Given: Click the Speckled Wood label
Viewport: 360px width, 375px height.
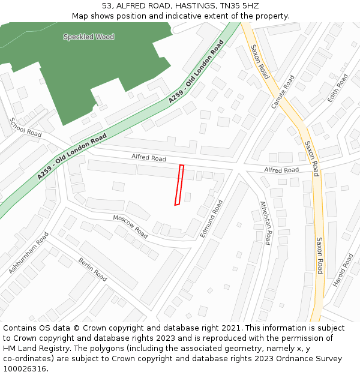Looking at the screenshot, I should click(88, 37).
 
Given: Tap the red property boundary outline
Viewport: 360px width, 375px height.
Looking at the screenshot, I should click(179, 185).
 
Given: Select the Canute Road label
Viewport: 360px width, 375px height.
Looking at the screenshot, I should click(283, 91).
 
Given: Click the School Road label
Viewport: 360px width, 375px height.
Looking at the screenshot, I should click(25, 127).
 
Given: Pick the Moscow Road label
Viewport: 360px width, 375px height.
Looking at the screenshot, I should click(130, 226).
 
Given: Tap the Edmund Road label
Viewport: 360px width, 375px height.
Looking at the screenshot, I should click(212, 218).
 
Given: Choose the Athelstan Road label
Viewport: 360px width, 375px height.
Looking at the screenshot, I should click(265, 223).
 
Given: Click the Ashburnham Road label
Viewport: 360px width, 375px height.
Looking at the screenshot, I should click(28, 254).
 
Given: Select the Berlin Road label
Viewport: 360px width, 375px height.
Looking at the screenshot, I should click(92, 269).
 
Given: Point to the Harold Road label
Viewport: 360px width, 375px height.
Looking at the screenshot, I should click(343, 270).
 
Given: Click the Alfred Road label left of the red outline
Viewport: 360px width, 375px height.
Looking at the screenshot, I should click(149, 158).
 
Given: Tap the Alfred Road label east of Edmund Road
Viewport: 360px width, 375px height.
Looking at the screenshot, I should click(281, 170).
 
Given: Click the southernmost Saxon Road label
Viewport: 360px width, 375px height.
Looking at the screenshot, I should click(320, 256).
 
